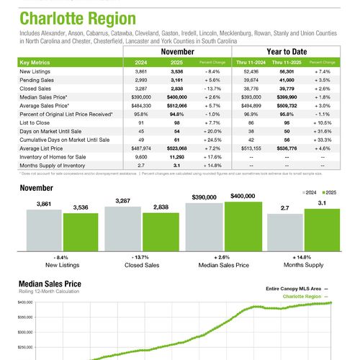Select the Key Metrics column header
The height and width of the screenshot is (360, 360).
point(37,63)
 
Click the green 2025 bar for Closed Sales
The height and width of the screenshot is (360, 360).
point(157,235)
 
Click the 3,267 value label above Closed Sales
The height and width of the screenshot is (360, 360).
point(119,202)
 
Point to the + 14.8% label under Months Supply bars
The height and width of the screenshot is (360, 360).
point(297,257)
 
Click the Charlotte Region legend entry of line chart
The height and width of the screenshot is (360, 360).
point(304,296)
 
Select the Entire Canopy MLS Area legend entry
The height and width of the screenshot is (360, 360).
point(295,289)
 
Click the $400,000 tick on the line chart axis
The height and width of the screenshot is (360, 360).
point(26,304)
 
